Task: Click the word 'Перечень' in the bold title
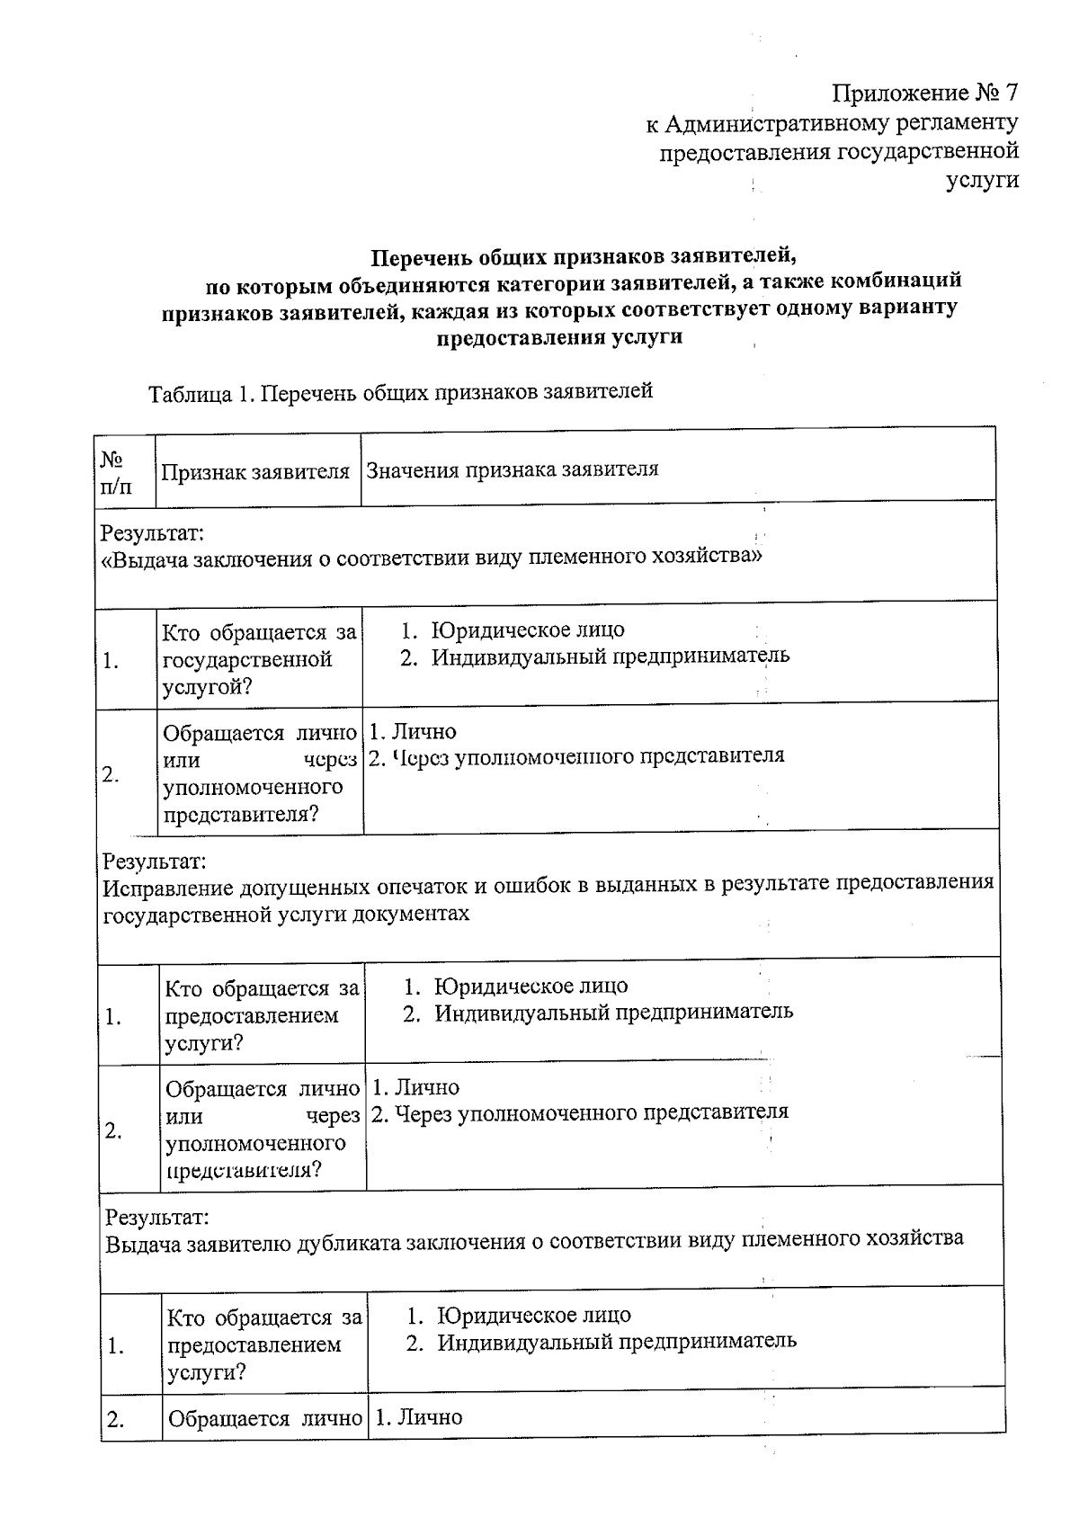[x=412, y=258]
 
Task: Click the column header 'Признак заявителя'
[x=255, y=472]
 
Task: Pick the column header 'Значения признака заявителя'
[x=512, y=469]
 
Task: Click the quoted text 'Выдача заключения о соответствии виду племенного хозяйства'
[x=432, y=558]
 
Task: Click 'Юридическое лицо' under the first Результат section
[x=527, y=630]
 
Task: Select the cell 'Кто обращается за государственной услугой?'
[x=259, y=660]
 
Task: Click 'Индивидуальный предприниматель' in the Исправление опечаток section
[x=613, y=1012]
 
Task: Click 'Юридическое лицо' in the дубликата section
[x=533, y=1316]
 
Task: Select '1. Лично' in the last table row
[x=418, y=1418]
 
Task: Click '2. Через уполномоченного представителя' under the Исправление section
[x=580, y=1112]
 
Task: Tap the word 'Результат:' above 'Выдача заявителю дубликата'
[x=157, y=1218]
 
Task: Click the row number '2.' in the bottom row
[x=115, y=1420]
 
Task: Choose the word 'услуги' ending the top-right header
[x=983, y=180]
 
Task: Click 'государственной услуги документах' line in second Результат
[x=286, y=914]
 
